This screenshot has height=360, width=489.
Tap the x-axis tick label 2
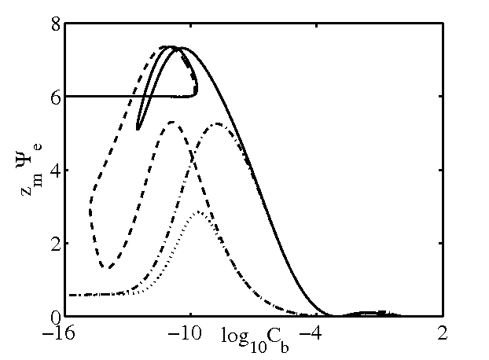click(443, 332)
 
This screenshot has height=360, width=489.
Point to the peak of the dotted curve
click(200, 211)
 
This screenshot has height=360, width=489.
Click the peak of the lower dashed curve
click(171, 122)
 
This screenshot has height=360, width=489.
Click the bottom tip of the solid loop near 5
click(138, 129)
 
